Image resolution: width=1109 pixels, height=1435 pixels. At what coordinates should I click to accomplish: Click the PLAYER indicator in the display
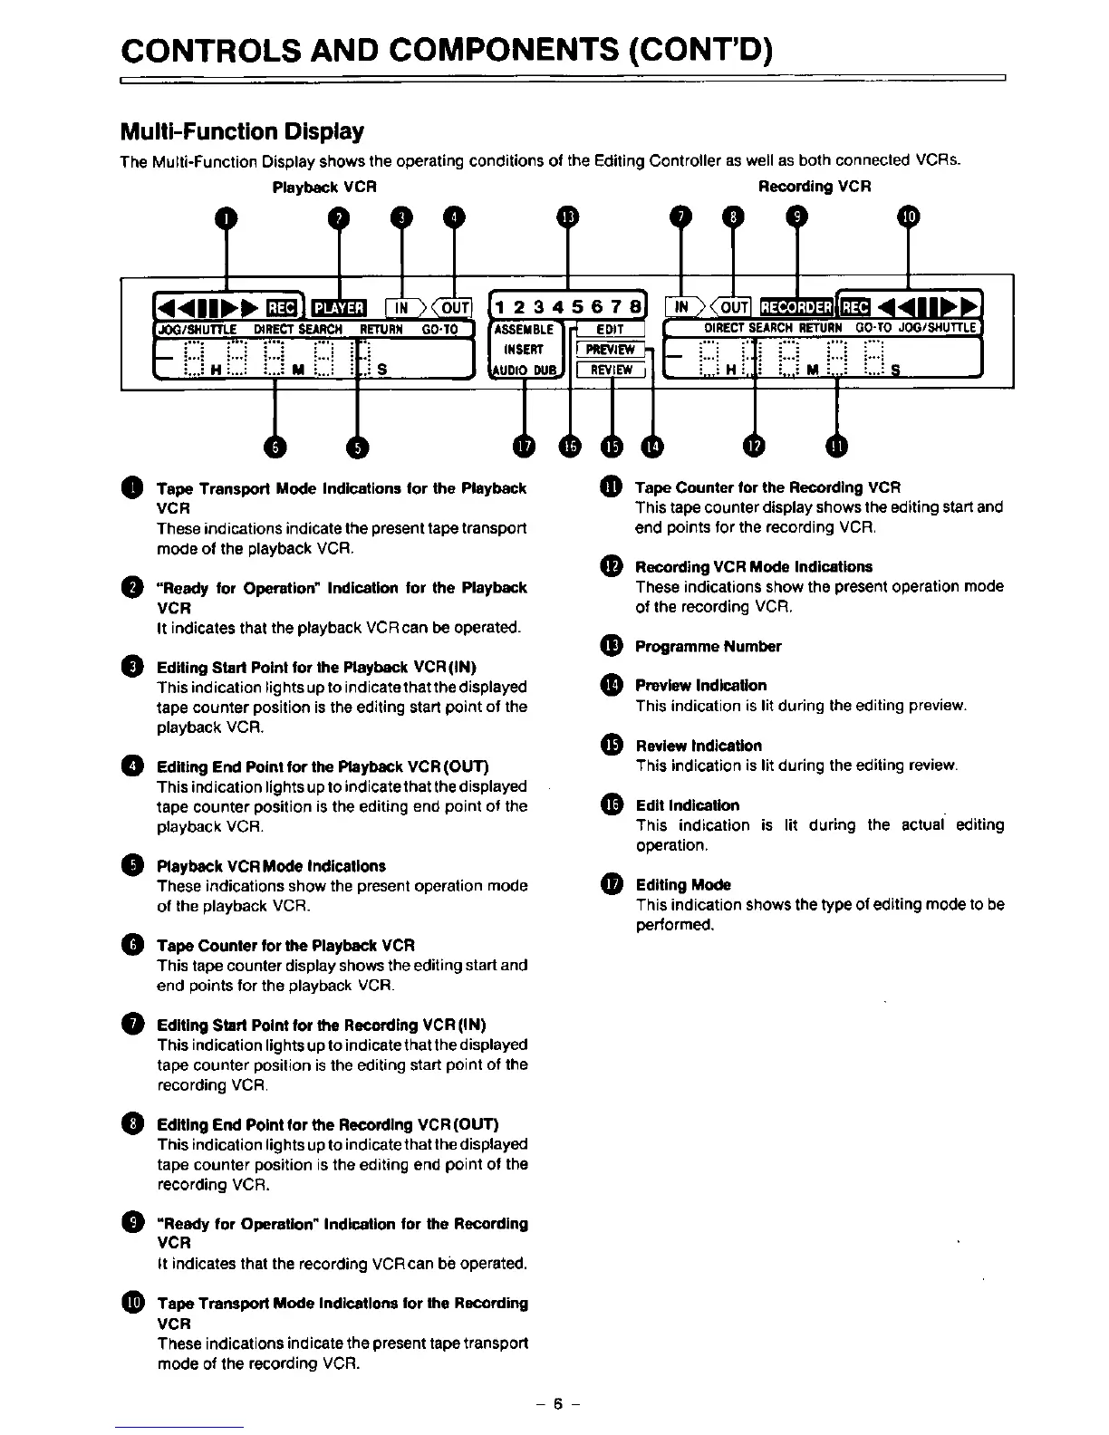338,308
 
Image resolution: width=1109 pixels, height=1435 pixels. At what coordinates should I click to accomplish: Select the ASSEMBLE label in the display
524,331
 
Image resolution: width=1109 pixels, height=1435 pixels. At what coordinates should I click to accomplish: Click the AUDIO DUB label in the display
526,369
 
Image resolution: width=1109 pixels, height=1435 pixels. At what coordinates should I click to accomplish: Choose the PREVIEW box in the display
611,350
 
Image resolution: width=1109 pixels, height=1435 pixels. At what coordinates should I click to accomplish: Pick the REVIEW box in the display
611,369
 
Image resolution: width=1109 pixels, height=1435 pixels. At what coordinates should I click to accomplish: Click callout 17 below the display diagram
524,446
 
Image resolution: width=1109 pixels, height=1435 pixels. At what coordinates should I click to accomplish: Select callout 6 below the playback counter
273,446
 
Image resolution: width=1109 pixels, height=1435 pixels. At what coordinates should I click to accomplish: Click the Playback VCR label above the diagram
324,187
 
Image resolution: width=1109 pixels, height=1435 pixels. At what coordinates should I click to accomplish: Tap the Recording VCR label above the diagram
814,187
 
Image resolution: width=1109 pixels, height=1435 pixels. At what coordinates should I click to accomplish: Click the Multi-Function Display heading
242,132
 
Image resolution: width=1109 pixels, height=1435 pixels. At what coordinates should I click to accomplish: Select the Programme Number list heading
708,647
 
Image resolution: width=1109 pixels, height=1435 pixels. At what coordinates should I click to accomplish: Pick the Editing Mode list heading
682,885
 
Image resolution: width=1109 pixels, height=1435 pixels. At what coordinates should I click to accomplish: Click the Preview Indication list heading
700,686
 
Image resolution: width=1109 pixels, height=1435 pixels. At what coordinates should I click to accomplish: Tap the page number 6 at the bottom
559,1404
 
